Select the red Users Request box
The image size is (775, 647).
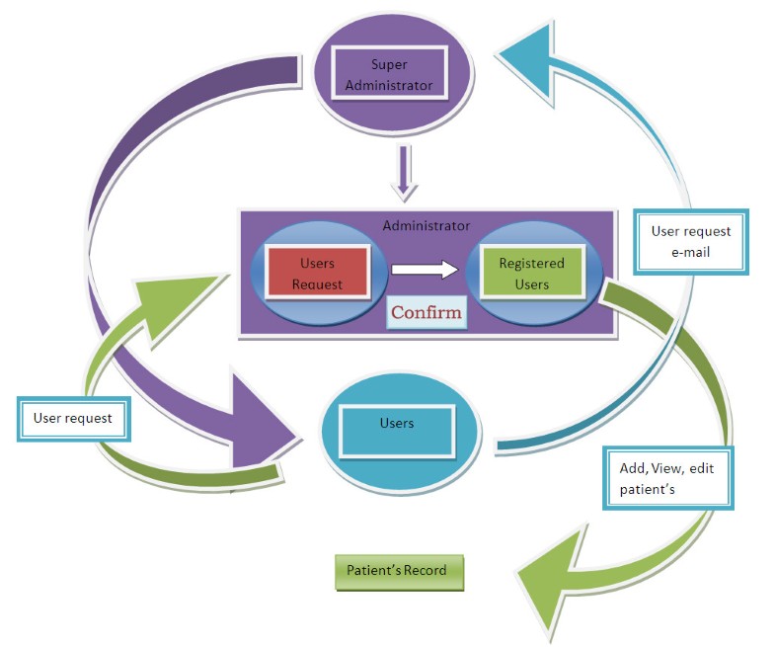point(317,274)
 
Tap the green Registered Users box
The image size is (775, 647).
point(531,274)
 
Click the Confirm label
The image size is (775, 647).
point(426,313)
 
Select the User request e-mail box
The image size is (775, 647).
point(690,241)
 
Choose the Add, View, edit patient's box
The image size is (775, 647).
point(667,478)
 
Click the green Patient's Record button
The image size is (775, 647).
point(398,571)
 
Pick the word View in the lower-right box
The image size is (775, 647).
point(668,468)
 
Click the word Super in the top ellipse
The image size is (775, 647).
point(388,66)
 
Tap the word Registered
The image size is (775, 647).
point(531,264)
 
